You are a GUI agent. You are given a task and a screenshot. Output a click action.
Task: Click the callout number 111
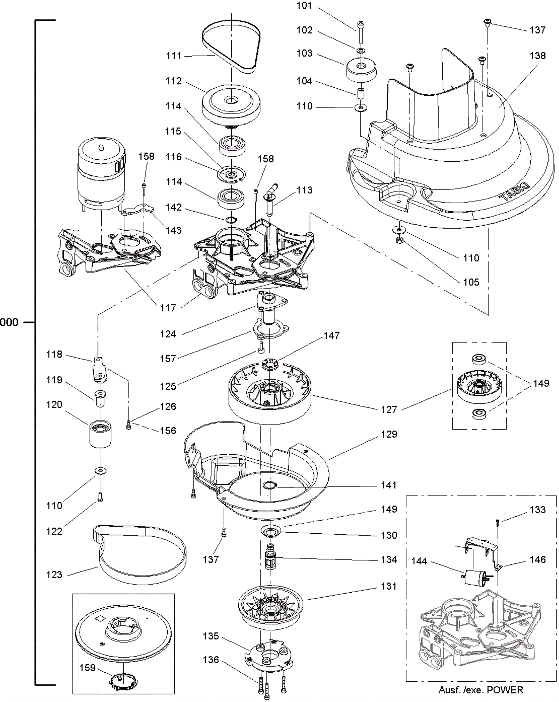[174, 56]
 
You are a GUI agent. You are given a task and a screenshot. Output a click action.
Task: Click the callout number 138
[537, 56]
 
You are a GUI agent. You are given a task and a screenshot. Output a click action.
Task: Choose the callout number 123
[54, 575]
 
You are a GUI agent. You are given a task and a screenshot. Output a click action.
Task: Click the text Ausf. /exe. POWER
[481, 690]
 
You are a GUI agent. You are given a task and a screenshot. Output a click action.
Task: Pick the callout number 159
[87, 668]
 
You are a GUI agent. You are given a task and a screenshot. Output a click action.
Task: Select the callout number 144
[419, 561]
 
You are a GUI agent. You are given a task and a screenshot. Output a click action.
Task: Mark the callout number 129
[389, 434]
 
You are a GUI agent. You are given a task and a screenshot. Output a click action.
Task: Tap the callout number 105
[471, 282]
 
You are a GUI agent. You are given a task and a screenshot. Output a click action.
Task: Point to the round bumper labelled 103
[361, 70]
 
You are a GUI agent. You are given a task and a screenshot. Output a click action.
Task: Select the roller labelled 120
[101, 434]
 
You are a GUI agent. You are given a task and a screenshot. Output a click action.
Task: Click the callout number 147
[332, 336]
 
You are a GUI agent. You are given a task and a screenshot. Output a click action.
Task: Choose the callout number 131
[389, 586]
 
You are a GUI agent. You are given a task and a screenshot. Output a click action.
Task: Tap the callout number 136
[211, 660]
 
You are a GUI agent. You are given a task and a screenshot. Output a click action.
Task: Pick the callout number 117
[168, 308]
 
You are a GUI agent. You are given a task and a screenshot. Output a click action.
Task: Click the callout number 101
[304, 6]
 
